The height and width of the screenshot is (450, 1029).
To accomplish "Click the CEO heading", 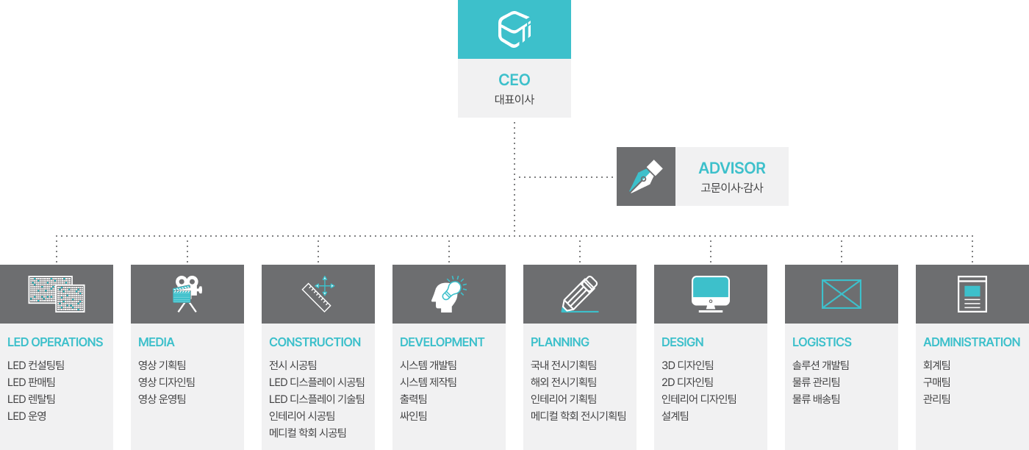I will click(514, 80).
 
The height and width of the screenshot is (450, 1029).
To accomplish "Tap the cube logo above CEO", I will click(514, 29).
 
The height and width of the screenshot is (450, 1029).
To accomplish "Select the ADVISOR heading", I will click(731, 168).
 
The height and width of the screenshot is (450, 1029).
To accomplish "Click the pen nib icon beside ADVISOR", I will click(645, 176).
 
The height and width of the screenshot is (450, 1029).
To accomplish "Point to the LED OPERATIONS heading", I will click(55, 342).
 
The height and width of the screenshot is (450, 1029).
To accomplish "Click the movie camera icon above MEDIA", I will click(187, 293).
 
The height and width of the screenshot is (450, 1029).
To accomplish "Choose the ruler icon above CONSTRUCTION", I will click(318, 293).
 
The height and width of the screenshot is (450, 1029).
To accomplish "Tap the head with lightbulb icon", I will click(448, 293).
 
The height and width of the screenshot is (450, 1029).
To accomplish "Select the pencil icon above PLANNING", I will click(579, 294).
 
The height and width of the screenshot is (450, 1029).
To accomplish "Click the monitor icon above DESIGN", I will click(710, 293).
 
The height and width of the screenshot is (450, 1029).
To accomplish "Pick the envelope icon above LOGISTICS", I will click(841, 294).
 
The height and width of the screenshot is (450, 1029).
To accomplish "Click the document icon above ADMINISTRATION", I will click(972, 293).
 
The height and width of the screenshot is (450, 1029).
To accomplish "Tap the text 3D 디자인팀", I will click(687, 365).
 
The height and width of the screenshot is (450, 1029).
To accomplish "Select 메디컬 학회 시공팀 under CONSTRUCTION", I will click(307, 432).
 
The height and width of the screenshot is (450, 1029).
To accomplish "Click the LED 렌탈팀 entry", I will click(31, 399).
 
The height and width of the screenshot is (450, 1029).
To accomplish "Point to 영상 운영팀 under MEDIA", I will click(162, 399).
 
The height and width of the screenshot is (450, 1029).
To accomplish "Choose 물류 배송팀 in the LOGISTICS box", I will click(816, 399).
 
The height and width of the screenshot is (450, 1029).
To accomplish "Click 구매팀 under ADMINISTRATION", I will click(936, 382).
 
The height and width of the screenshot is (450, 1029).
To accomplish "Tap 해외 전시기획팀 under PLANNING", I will click(563, 382).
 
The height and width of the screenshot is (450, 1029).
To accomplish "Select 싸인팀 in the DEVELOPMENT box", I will click(413, 415).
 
